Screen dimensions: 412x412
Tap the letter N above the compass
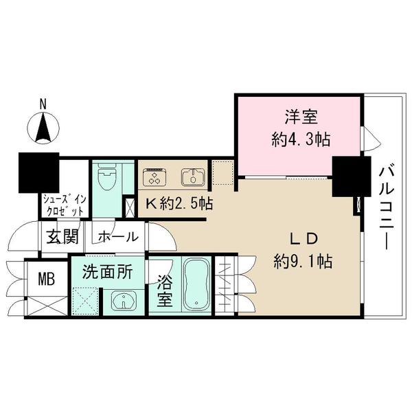43,104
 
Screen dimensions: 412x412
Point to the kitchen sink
193,176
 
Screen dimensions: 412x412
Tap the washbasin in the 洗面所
124,300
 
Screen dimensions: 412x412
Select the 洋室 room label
301,117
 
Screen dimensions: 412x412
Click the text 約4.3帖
301,139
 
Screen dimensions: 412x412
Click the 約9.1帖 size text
304,261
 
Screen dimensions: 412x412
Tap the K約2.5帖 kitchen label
179,203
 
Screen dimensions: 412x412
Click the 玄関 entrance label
62,237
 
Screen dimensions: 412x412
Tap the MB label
47,279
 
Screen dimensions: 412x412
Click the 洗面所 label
108,272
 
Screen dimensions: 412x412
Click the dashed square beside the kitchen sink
222,172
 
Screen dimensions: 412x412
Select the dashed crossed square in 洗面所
85,301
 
